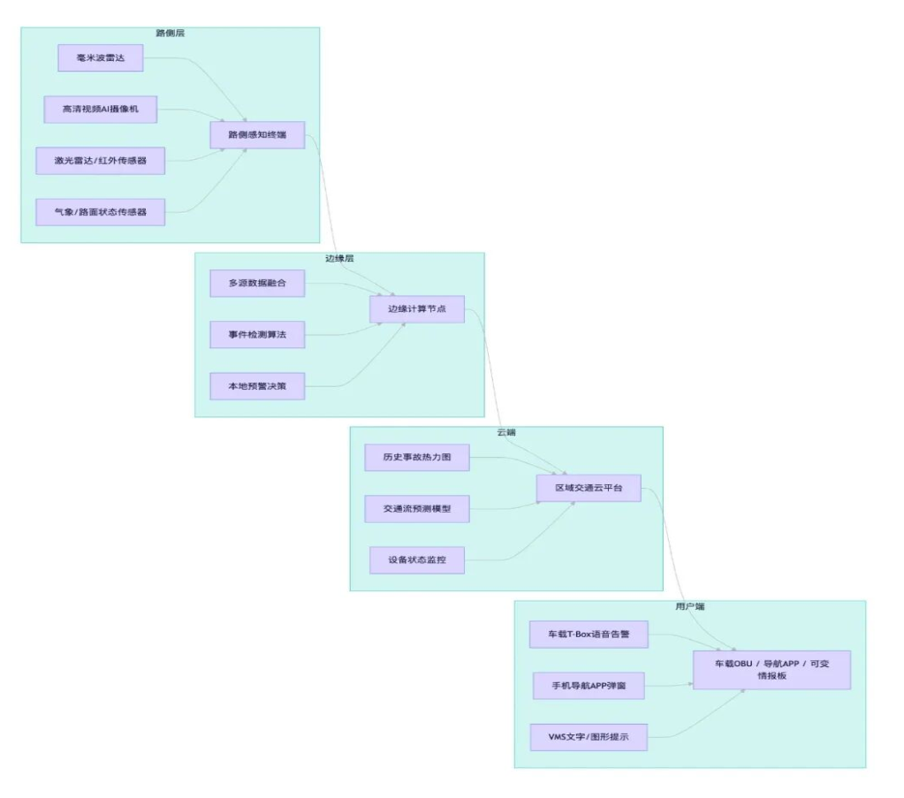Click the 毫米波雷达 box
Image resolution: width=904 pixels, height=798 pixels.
click(100, 58)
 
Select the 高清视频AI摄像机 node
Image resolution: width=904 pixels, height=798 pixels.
click(101, 110)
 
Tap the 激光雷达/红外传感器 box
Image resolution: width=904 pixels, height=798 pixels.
click(101, 161)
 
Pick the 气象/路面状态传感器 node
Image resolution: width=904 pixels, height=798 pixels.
click(101, 212)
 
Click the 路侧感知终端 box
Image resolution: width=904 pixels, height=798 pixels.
click(257, 135)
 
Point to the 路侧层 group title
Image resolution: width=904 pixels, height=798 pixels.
click(171, 33)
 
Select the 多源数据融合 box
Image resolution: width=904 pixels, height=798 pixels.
click(257, 284)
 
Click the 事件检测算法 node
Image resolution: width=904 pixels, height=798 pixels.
click(257, 335)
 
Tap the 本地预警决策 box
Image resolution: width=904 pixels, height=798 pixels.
click(257, 386)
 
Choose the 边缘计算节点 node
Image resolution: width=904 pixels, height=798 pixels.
click(417, 309)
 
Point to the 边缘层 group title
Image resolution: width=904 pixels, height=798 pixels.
click(339, 258)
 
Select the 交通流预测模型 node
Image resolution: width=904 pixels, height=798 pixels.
click(417, 509)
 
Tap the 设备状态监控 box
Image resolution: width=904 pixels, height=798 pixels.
click(417, 560)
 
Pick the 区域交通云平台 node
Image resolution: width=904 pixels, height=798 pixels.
click(589, 488)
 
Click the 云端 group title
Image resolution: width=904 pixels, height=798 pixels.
click(506, 432)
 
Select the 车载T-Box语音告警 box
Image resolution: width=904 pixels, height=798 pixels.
click(589, 634)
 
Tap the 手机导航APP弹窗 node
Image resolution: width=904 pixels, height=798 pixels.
click(589, 685)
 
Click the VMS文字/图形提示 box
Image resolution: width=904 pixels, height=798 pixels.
click(589, 736)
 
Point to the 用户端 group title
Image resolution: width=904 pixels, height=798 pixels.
click(689, 607)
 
